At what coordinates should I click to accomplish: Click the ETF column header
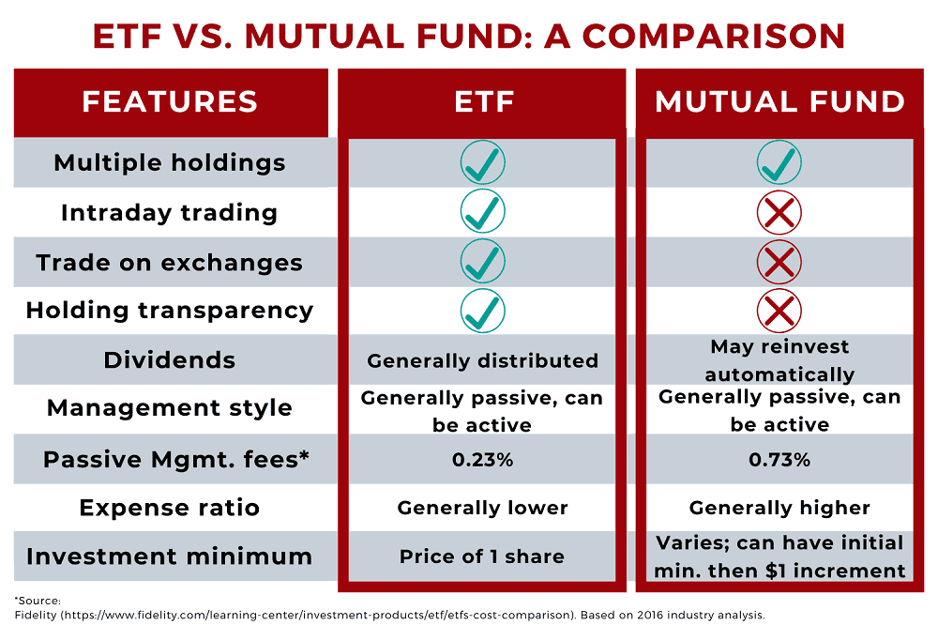click(x=483, y=101)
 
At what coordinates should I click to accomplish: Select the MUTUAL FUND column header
click(x=779, y=101)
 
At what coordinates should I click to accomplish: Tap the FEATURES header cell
click(x=170, y=101)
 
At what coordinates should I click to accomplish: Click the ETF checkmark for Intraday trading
click(x=483, y=212)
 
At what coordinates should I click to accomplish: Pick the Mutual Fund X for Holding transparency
click(x=779, y=311)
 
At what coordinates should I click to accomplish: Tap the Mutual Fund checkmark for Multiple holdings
click(x=779, y=163)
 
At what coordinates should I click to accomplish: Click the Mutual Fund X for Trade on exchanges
click(x=779, y=262)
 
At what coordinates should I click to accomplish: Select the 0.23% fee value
click(x=483, y=460)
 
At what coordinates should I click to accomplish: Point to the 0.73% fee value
click(x=779, y=460)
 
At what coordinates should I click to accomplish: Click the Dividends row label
click(x=170, y=360)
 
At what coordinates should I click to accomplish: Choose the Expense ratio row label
click(x=170, y=509)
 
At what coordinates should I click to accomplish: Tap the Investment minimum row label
click(x=170, y=556)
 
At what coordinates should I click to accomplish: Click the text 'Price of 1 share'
click(x=483, y=556)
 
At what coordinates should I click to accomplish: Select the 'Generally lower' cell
click(x=483, y=509)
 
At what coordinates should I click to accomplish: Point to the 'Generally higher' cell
click(x=779, y=509)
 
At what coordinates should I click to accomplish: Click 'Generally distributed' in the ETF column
click(x=483, y=361)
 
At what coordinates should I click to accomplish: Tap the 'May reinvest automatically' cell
click(x=779, y=360)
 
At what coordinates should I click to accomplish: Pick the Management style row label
click(x=170, y=409)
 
